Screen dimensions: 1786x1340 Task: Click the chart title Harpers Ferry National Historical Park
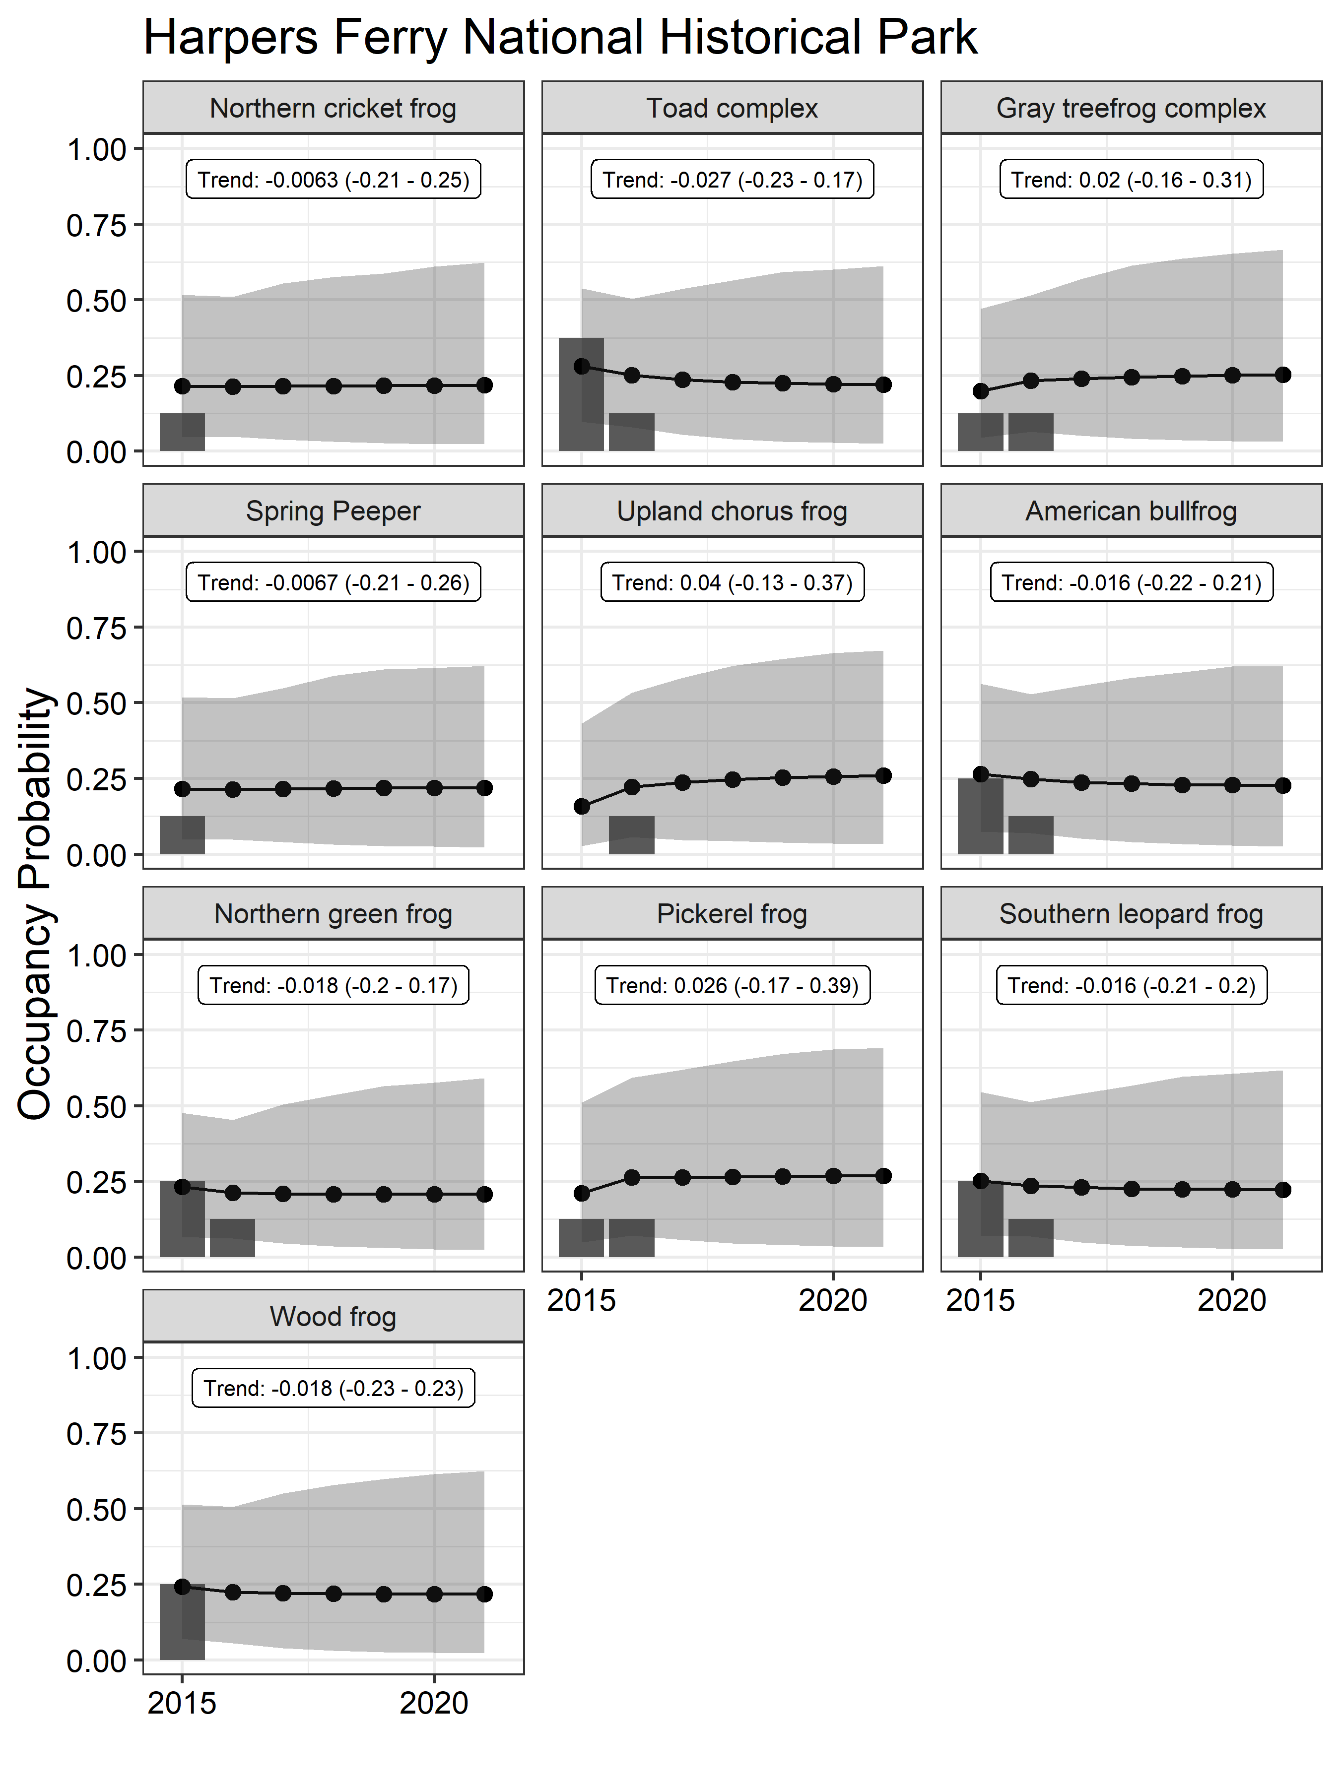tap(560, 37)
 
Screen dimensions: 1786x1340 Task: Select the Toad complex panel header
tap(732, 107)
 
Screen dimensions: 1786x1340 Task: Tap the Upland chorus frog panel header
tap(732, 510)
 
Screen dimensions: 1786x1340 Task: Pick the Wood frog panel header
tap(333, 1316)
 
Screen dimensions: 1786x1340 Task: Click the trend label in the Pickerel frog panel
tap(732, 985)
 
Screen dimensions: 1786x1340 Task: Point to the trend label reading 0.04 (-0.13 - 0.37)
tap(732, 582)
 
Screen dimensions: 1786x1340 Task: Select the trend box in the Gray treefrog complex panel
tap(1131, 179)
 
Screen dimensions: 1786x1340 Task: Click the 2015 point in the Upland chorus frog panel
tap(582, 806)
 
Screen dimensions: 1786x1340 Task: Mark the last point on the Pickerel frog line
tap(883, 1176)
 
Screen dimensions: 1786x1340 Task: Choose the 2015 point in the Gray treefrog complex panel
tap(981, 391)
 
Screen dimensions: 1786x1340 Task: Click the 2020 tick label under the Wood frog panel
tap(434, 1704)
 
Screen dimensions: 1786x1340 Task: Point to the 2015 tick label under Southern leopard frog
tap(980, 1301)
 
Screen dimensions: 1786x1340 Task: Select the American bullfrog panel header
tap(1131, 510)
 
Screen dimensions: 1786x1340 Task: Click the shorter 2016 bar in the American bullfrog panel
tap(1031, 835)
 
